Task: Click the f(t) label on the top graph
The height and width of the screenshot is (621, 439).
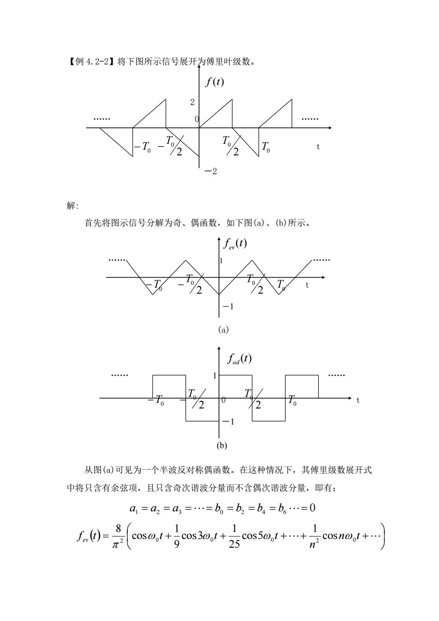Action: pyautogui.click(x=214, y=82)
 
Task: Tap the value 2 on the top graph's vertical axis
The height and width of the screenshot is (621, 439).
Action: pyautogui.click(x=192, y=102)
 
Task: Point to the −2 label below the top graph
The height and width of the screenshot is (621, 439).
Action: pyautogui.click(x=210, y=172)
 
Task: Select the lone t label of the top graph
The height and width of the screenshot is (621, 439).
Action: pyautogui.click(x=318, y=147)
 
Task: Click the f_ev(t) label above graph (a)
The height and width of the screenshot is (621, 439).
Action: pyautogui.click(x=235, y=244)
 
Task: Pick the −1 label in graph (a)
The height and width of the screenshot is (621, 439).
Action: pyautogui.click(x=228, y=307)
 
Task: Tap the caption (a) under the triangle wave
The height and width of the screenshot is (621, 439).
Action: pyautogui.click(x=223, y=330)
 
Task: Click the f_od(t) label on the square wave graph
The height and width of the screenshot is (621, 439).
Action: pyautogui.click(x=239, y=359)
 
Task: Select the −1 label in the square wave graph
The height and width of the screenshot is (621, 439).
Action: pyautogui.click(x=229, y=422)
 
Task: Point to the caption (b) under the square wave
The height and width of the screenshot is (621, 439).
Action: pyautogui.click(x=222, y=445)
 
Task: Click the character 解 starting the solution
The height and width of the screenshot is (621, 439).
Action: pyautogui.click(x=71, y=206)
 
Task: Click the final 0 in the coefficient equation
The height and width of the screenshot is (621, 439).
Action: pyautogui.click(x=312, y=508)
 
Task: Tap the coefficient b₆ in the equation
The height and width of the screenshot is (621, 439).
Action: pyautogui.click(x=282, y=509)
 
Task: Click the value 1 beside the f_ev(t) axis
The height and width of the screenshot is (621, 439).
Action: pyautogui.click(x=221, y=261)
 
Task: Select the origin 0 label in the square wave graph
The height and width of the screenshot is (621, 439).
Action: pyautogui.click(x=224, y=400)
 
